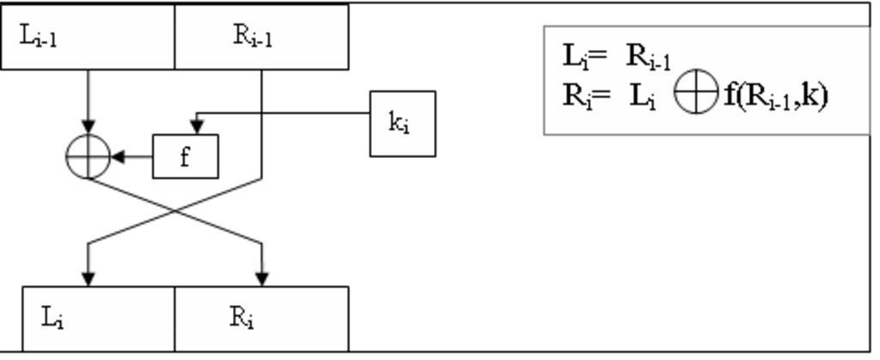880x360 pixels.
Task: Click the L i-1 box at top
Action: [88, 36]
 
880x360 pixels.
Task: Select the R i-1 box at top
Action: [261, 36]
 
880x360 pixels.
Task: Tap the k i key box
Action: [402, 124]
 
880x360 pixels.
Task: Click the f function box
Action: [186, 156]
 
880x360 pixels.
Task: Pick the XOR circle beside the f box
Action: [89, 157]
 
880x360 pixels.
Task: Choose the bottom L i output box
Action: [99, 318]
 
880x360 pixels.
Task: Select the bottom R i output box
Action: [261, 318]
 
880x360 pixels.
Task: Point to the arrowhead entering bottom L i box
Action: [89, 278]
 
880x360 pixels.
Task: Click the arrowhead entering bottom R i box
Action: [261, 278]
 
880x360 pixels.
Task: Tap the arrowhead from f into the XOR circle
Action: [118, 157]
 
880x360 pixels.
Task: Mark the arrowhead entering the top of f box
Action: [197, 128]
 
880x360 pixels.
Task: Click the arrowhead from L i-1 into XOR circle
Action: [89, 128]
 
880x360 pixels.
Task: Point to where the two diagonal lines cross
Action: [175, 211]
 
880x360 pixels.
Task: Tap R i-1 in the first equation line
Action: [648, 57]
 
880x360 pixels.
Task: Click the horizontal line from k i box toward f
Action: [284, 113]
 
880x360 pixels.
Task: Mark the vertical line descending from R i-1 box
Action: [261, 120]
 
